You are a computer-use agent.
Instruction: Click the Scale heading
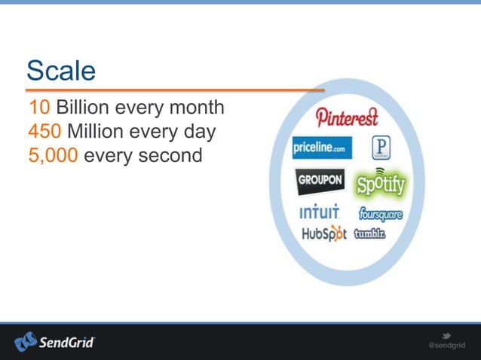(61, 71)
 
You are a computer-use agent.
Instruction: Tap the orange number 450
(44, 133)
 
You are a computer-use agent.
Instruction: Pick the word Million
(98, 133)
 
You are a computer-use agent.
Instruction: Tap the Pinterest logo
(347, 117)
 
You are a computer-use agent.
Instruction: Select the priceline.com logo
(322, 148)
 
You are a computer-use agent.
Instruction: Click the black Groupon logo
(319, 182)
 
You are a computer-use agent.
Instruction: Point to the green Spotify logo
(380, 183)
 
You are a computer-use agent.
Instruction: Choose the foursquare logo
(380, 215)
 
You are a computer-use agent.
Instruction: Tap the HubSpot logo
(323, 233)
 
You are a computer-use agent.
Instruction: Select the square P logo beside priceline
(380, 147)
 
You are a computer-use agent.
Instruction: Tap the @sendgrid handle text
(447, 346)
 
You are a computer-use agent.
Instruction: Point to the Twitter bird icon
(446, 335)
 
